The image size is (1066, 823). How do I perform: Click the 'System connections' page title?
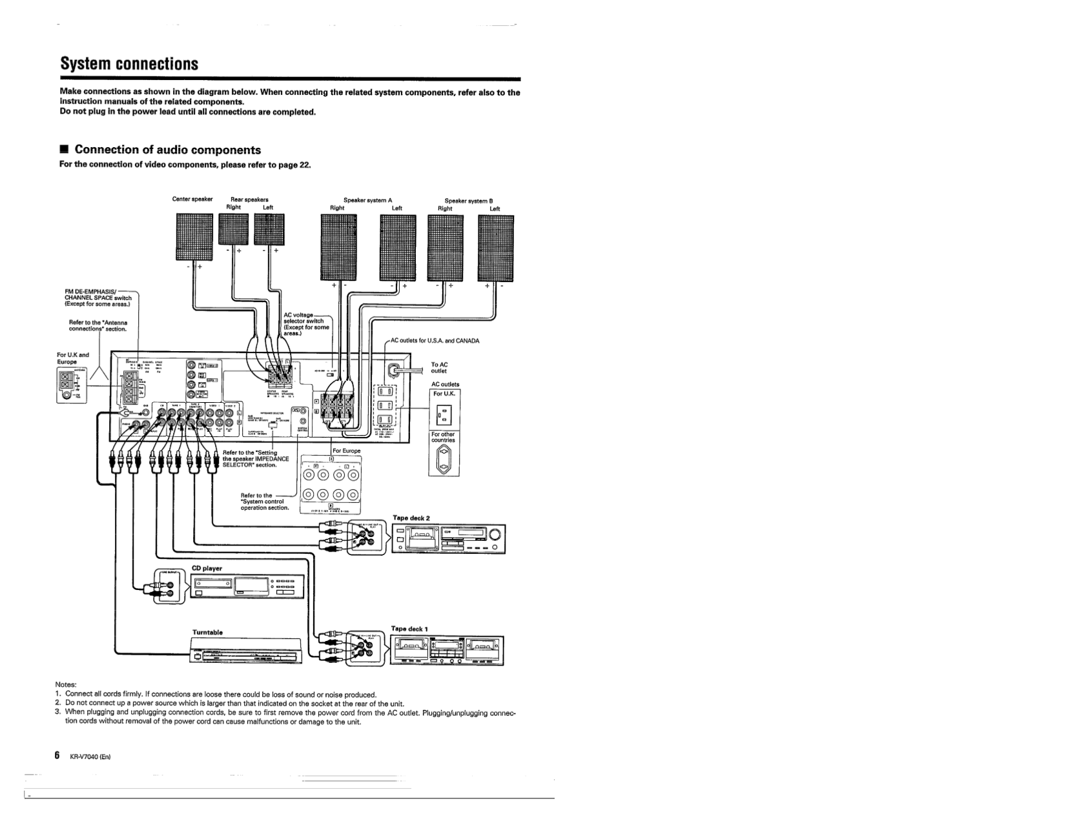click(129, 64)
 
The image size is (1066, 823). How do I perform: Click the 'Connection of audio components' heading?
click(167, 150)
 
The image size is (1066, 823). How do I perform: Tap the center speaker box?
click(194, 236)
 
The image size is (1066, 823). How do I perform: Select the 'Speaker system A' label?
click(367, 200)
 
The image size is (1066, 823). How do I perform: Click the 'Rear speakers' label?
click(249, 199)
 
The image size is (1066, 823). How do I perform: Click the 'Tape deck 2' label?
click(411, 518)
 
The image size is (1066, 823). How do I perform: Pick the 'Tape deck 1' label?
click(409, 629)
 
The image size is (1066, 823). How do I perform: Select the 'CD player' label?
click(207, 569)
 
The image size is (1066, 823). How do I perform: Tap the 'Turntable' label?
click(207, 632)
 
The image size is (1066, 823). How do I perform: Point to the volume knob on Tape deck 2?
click(495, 535)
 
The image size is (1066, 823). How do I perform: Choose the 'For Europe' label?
click(347, 451)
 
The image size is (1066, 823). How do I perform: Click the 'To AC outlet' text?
click(439, 368)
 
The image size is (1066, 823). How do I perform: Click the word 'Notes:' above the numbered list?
click(66, 684)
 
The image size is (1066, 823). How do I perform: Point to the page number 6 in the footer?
click(57, 755)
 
